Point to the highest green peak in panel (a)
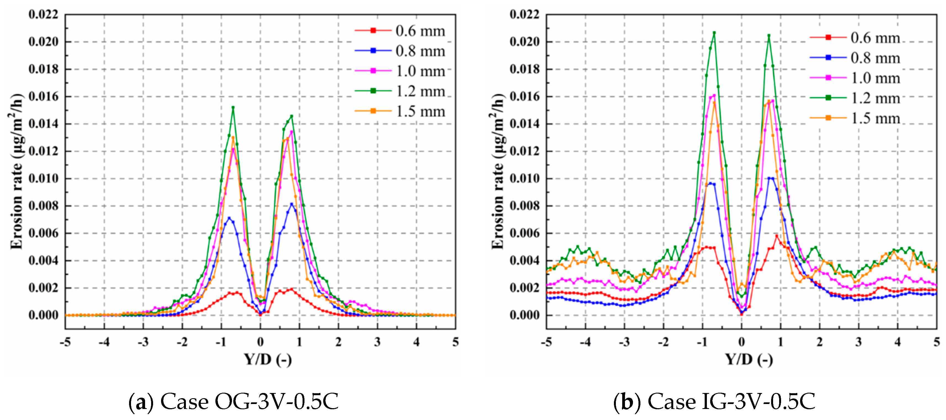tap(233, 108)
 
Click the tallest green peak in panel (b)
tap(714, 33)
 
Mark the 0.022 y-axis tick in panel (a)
tap(43, 15)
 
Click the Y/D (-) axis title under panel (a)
tap(268, 359)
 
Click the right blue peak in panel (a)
tap(292, 204)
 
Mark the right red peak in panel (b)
tap(776, 236)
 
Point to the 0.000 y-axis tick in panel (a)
tap(43, 315)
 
